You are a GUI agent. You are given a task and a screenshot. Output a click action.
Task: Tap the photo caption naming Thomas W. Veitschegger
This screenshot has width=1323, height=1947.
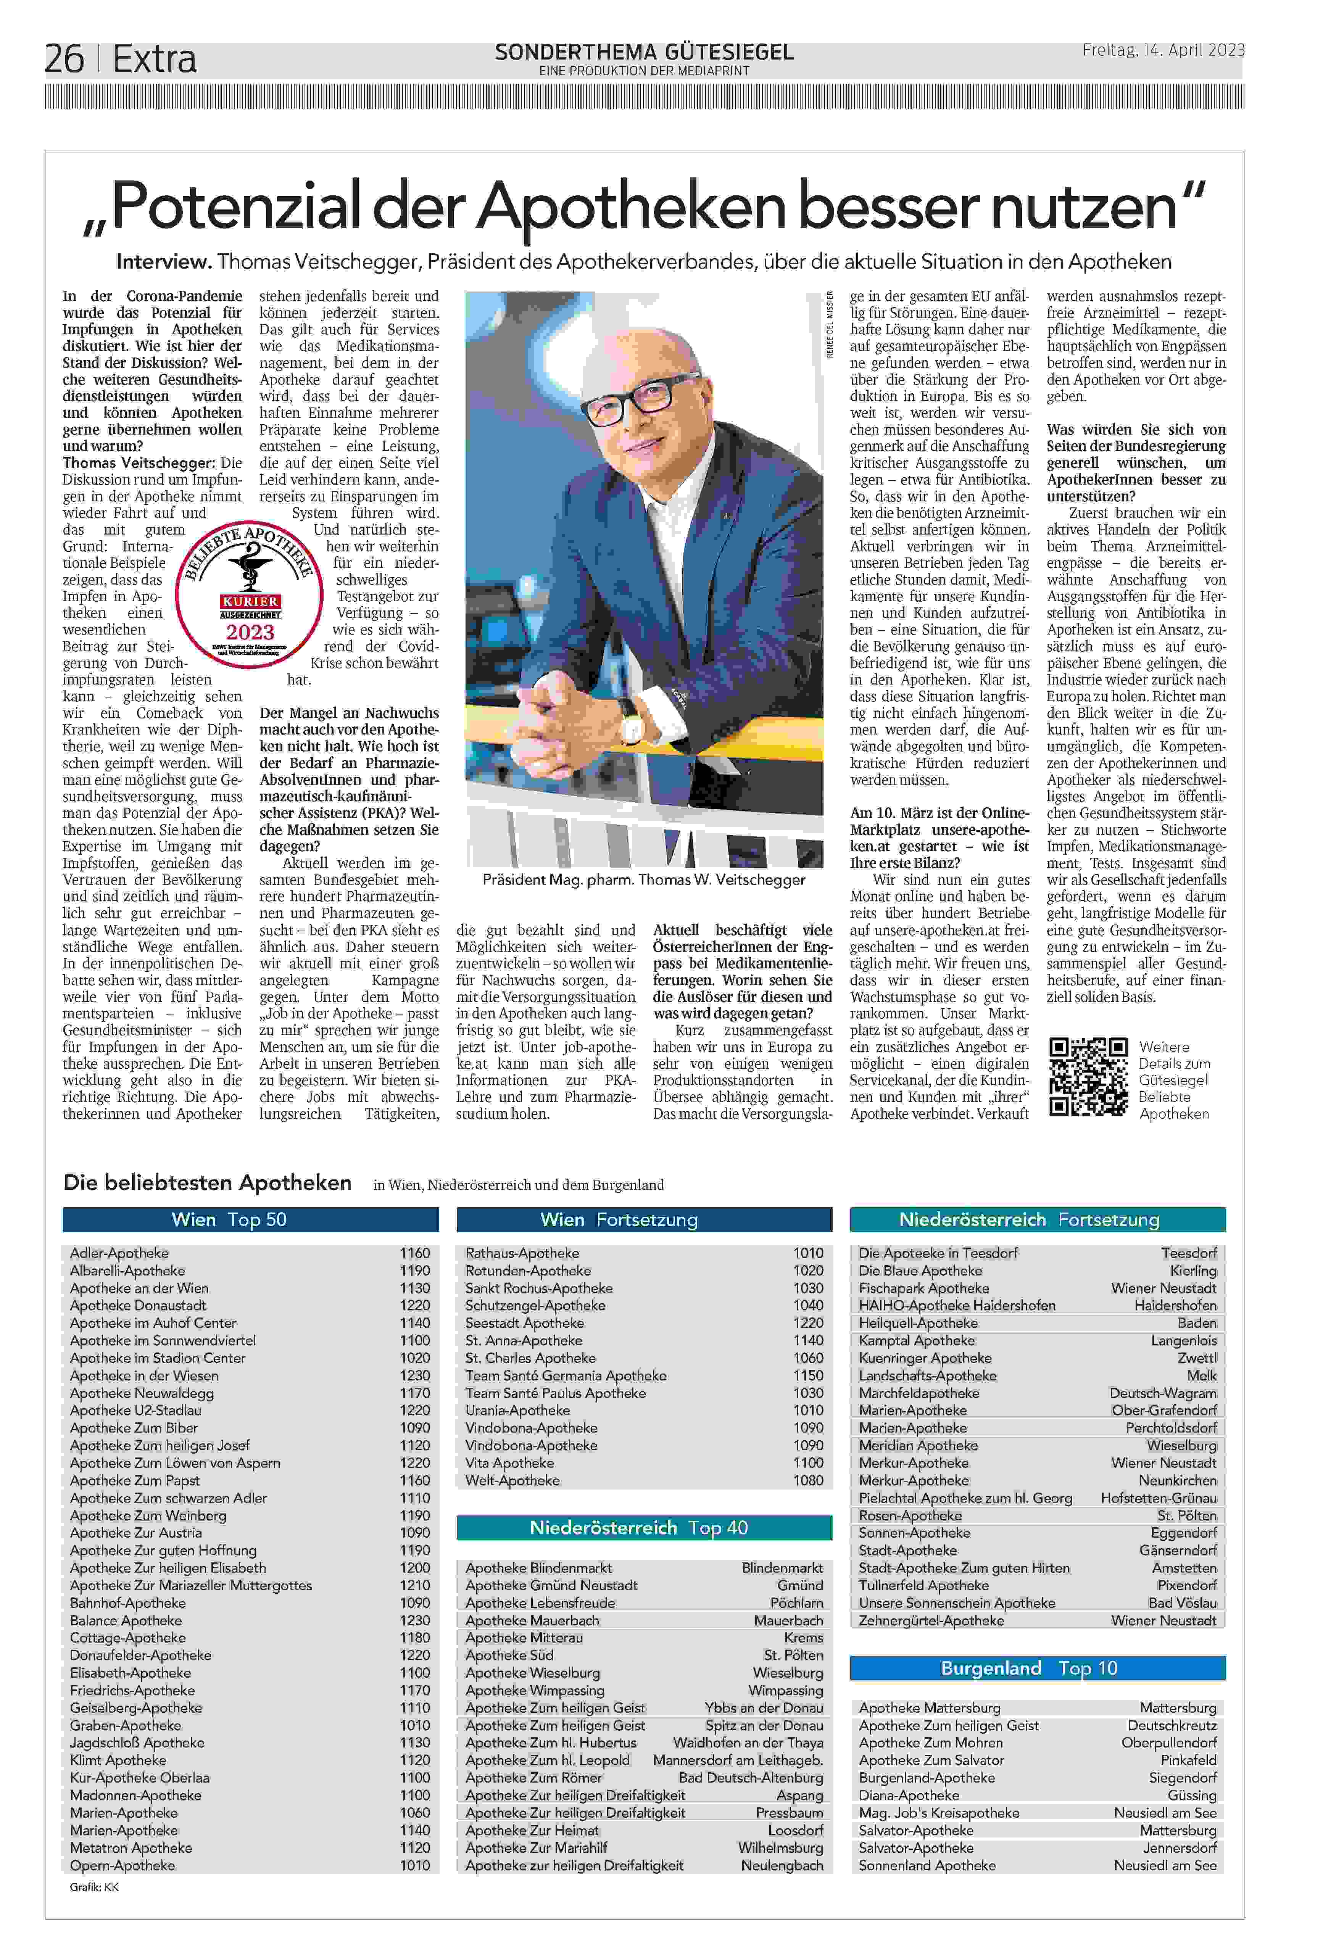click(x=643, y=880)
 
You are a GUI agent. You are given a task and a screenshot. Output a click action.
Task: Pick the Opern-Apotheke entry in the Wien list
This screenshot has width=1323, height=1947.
click(x=122, y=1865)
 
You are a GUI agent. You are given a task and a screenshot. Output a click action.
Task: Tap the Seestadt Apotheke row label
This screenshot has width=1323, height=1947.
click(x=525, y=1323)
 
